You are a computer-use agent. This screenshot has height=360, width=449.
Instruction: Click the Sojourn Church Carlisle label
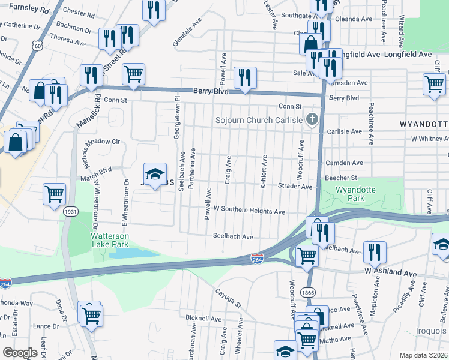coord(259,120)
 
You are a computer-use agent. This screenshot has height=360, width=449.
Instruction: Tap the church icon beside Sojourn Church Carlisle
coord(311,119)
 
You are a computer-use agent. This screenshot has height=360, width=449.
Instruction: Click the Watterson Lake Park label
coord(109,240)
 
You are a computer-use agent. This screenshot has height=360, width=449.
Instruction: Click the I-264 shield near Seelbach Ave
coord(257,259)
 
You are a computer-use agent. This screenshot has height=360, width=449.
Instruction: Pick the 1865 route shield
coord(309,292)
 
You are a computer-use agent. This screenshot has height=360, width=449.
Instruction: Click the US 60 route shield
coord(38,46)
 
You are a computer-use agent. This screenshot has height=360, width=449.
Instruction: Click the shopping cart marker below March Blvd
coord(54,194)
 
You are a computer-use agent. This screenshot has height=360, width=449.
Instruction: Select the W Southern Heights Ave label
coord(249,212)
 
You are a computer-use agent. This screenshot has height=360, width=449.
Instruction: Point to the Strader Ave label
coord(295,187)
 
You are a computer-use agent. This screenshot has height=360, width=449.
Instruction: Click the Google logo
coord(20,353)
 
